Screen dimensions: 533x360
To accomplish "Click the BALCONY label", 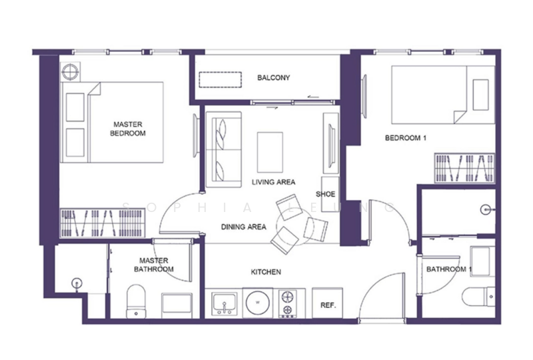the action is click(273, 77).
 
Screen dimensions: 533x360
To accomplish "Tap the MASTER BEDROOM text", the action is click(128, 129).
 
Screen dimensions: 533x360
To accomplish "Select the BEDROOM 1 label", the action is click(406, 138).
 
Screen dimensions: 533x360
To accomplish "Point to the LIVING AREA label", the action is click(273, 182).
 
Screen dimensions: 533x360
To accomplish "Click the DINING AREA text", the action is click(243, 227).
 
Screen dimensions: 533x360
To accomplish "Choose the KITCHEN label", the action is click(266, 272).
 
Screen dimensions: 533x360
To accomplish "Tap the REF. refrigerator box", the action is click(327, 303).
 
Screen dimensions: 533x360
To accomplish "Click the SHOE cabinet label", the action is click(325, 194).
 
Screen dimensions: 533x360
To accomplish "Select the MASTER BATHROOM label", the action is click(154, 265).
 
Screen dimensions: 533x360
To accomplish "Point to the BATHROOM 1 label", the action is click(448, 269).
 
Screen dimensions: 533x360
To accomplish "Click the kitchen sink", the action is click(225, 303).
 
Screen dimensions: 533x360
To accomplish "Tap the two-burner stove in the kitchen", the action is click(288, 303).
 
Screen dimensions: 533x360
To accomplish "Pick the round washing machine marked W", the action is click(258, 303).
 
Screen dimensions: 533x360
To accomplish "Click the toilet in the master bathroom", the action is click(136, 301).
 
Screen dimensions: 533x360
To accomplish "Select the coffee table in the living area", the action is click(270, 152).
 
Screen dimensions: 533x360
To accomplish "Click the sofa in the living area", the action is click(224, 149).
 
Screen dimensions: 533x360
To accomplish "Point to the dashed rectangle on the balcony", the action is click(221, 80).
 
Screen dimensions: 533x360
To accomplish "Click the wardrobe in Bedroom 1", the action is click(464, 168).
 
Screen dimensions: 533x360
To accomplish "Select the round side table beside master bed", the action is click(71, 72).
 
